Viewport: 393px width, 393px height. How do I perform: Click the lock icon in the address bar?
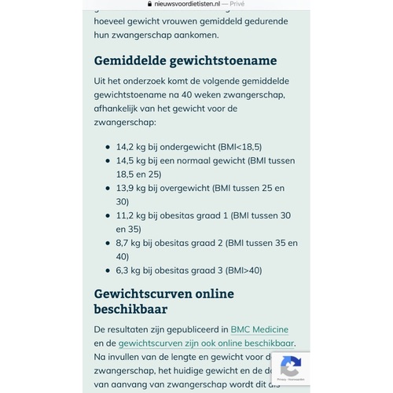(x=137, y=4)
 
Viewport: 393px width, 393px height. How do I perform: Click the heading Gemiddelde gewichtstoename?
(x=185, y=61)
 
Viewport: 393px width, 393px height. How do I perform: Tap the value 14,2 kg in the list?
(x=130, y=146)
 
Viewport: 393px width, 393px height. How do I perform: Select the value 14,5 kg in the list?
(x=130, y=160)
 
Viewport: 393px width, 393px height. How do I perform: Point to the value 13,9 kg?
(x=130, y=188)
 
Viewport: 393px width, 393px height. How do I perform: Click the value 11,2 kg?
(x=130, y=215)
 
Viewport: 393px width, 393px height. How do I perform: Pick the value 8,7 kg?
(x=129, y=243)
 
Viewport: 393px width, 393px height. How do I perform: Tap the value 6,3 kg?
(x=129, y=270)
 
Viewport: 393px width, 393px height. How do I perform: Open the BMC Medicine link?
(x=265, y=329)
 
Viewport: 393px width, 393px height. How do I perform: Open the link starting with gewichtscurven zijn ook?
(x=206, y=343)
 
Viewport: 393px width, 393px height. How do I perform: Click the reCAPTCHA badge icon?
(x=291, y=365)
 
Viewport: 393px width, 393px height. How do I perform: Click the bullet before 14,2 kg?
(x=108, y=147)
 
